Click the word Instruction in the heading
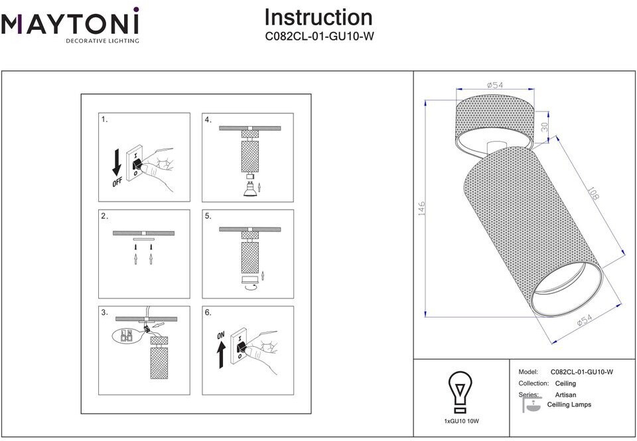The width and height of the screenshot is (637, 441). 318,17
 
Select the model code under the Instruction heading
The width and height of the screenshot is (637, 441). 318,37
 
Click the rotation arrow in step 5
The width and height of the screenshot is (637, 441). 249,288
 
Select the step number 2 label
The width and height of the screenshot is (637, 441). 104,216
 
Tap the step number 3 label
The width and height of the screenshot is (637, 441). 104,312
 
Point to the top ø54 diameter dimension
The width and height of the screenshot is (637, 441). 495,85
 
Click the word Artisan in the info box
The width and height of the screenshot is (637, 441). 566,395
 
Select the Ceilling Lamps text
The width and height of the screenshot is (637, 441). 569,405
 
